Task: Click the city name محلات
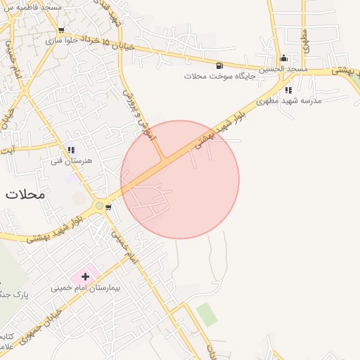25,194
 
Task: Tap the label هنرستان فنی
66,161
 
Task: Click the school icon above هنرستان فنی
70,150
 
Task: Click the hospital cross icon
86,277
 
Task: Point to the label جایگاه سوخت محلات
218,75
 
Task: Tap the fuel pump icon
221,65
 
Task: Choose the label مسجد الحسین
283,69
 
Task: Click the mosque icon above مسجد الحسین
283,58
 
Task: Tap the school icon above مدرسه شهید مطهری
288,90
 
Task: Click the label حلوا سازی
60,41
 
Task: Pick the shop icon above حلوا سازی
62,30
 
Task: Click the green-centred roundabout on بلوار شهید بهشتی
100,207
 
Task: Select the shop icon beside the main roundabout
108,207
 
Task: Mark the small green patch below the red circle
207,314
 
